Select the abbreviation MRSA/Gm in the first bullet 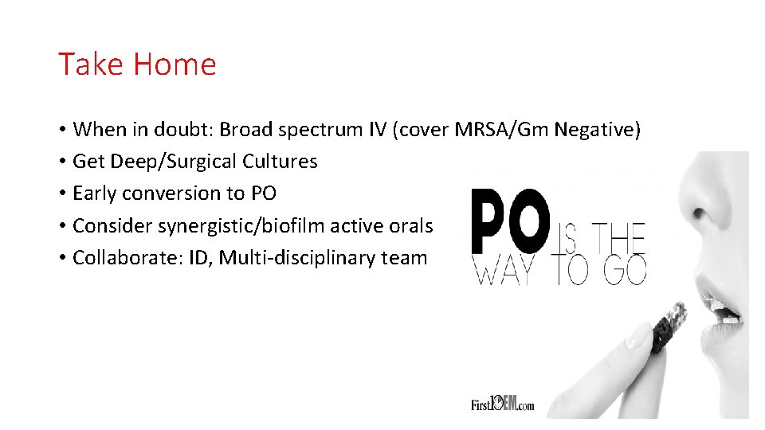[504, 129]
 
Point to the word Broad [246, 129]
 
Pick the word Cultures [280, 162]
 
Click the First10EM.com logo [502, 404]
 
